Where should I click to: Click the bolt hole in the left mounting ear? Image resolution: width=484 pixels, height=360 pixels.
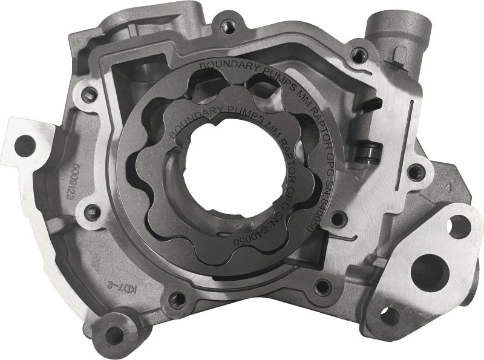point(25,144)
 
